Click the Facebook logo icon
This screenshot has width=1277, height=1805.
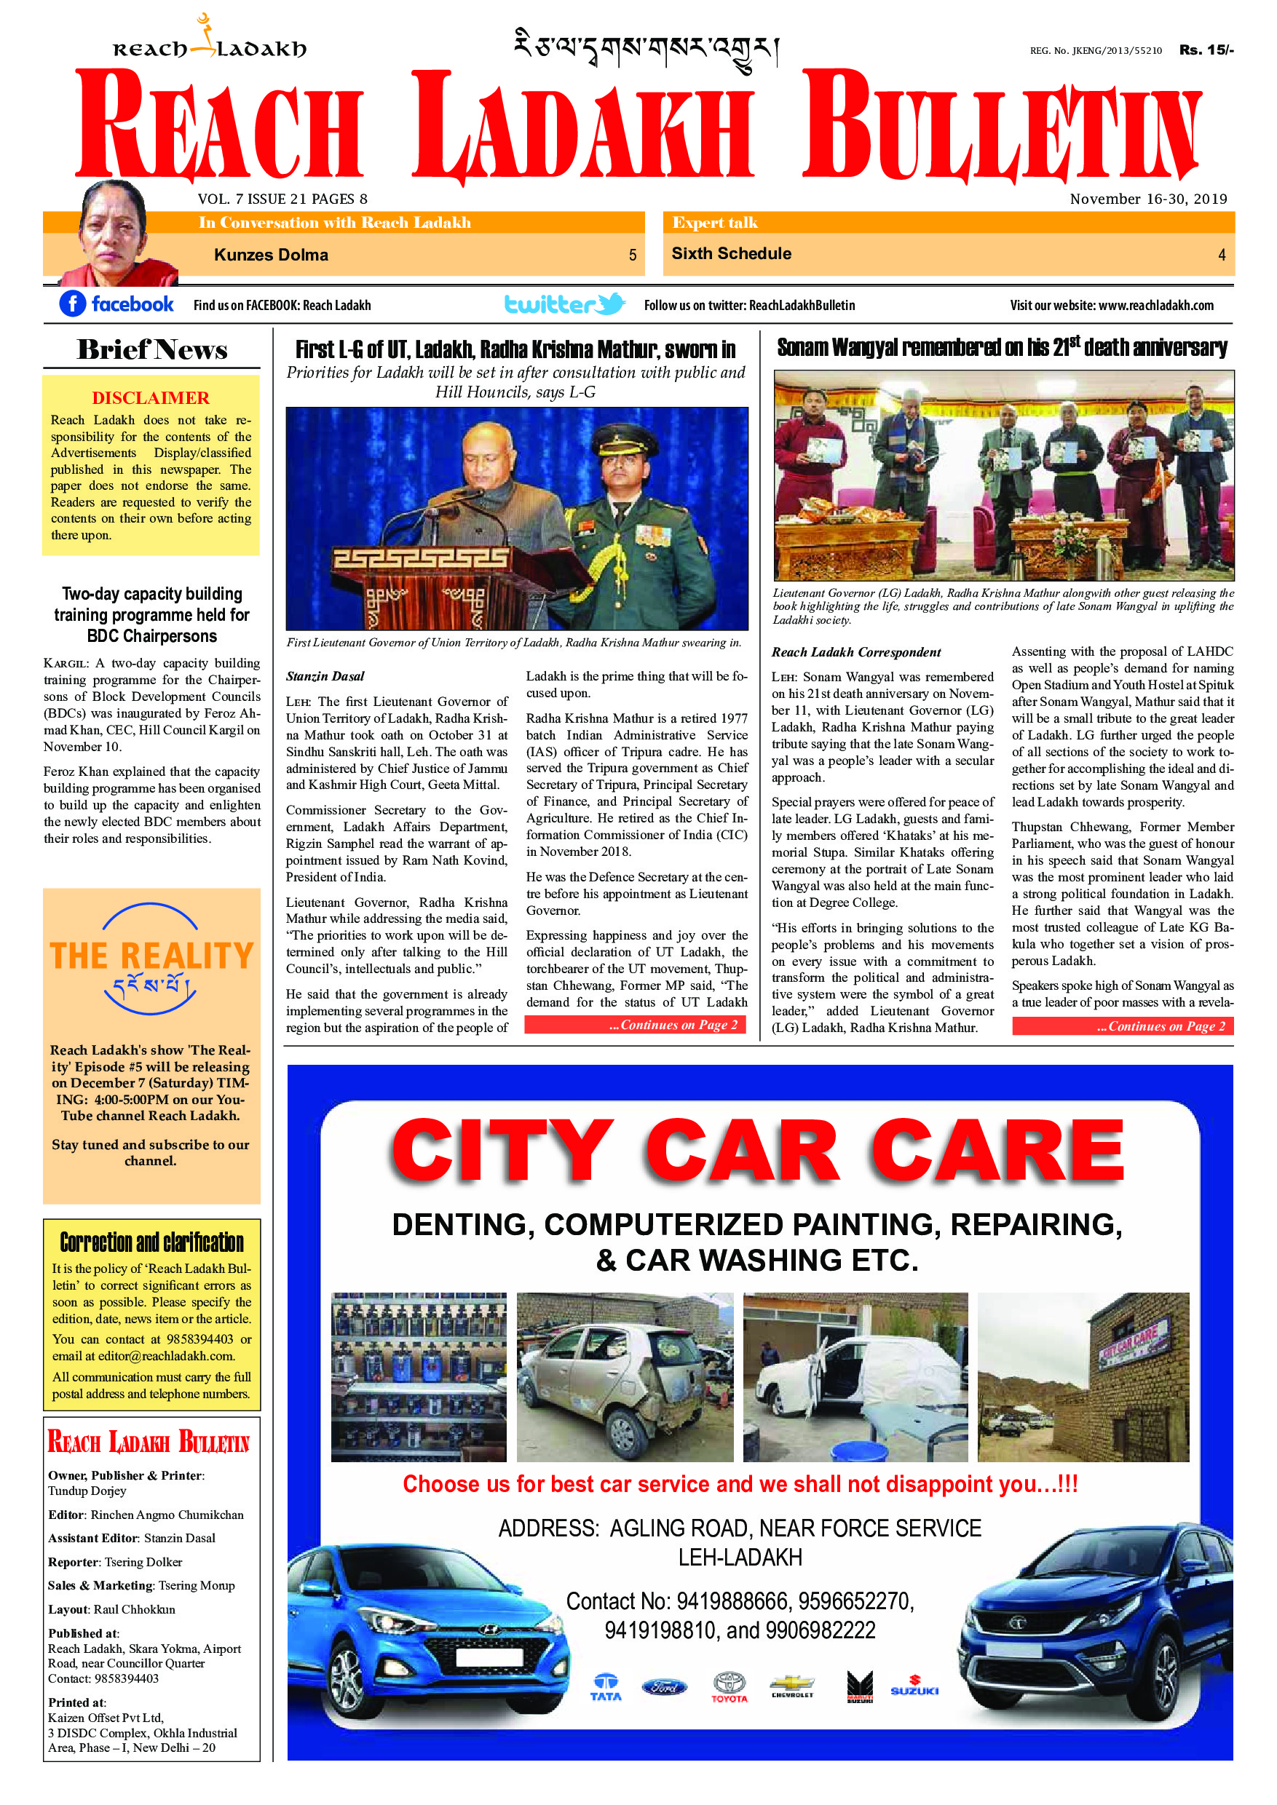72,304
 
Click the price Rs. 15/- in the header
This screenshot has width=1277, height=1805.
1206,49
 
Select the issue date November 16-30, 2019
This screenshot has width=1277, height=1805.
1147,199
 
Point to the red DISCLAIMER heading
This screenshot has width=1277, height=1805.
150,398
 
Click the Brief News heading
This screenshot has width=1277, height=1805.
151,350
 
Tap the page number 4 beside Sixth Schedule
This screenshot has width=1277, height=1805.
1221,255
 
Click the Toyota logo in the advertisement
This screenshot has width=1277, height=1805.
729,1686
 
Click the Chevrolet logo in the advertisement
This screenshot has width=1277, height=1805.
792,1686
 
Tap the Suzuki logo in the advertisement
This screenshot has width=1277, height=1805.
914,1687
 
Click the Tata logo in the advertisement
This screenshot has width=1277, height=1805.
606,1687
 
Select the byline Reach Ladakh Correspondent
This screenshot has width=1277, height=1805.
855,651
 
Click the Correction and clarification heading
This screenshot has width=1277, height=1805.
151,1242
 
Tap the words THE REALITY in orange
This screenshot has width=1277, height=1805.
151,956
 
